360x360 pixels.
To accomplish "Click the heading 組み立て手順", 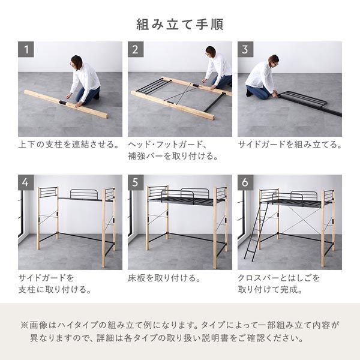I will (180, 25).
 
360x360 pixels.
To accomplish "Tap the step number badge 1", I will (26, 49).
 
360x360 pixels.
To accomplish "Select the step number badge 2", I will (136, 49).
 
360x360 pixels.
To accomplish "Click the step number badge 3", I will (245, 49).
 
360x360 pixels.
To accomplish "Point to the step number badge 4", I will (26, 182).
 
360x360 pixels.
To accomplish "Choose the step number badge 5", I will (136, 182).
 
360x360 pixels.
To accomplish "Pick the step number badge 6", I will (245, 182).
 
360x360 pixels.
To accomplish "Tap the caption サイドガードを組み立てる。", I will (290, 145).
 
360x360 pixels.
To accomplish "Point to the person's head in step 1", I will (76, 62).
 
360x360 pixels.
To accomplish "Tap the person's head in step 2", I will (211, 52).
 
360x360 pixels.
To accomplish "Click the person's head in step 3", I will (273, 60).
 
